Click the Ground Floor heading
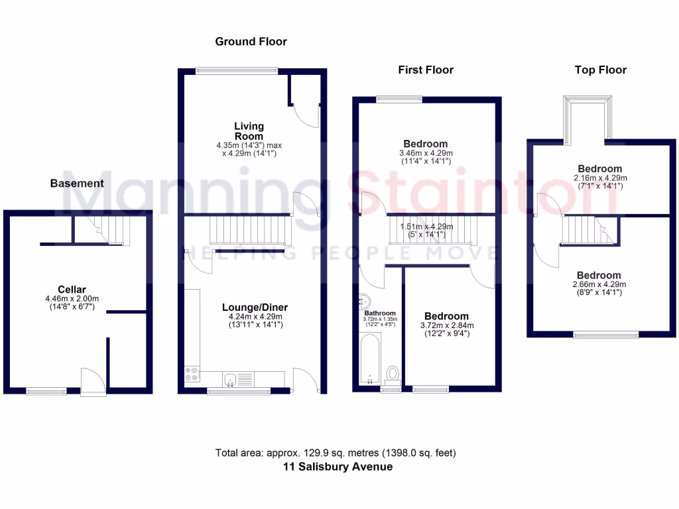[251, 42]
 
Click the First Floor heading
[425, 70]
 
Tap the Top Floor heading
[601, 70]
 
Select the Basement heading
[77, 184]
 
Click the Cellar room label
[72, 289]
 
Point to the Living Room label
[249, 131]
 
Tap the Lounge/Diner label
[255, 308]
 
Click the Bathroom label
[380, 313]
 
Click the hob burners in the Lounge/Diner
[192, 374]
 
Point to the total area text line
[336, 453]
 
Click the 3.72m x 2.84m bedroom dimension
[446, 326]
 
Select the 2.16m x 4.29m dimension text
[599, 178]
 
